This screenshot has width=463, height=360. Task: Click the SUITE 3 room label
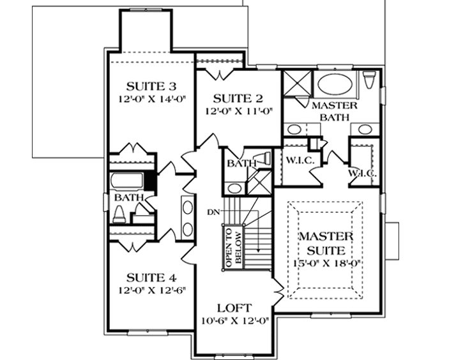[151, 86]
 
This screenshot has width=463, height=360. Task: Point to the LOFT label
[234, 307]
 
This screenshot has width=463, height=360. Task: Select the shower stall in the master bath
[296, 84]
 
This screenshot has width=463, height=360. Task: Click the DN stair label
[213, 211]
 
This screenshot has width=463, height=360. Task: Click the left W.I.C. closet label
[298, 160]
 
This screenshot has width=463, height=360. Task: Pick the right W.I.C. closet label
[361, 173]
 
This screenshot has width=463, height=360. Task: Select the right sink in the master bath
[364, 130]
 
